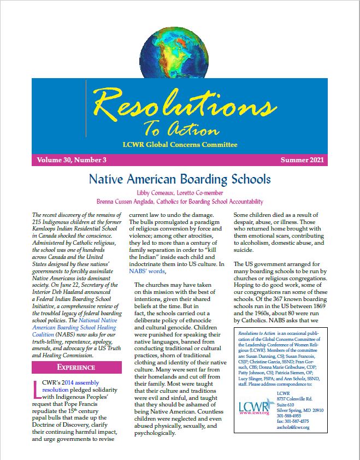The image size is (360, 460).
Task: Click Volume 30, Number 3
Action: tap(72, 160)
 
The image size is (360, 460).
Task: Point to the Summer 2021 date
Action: tap(302, 160)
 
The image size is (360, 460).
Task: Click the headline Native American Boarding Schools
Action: tap(180, 179)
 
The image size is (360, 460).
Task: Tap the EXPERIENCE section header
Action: tap(76, 367)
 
